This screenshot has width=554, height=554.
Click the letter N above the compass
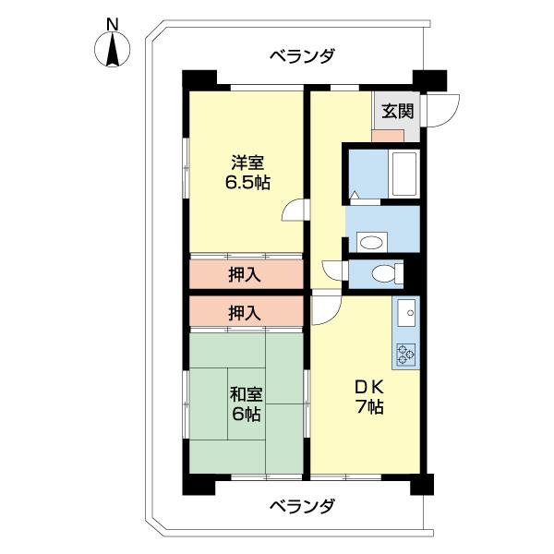(x=113, y=25)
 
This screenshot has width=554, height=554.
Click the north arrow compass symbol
(x=113, y=49)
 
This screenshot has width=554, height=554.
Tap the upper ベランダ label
(x=302, y=55)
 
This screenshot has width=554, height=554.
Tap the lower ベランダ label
(x=302, y=506)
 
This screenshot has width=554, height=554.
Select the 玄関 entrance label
(x=397, y=112)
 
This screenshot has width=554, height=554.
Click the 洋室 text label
(x=247, y=163)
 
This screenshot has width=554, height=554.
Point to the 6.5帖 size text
(x=247, y=183)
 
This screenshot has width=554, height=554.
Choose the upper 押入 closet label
(x=245, y=274)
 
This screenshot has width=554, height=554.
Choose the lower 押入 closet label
(x=245, y=313)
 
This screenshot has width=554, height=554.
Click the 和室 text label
(x=247, y=394)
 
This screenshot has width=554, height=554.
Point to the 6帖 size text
(x=247, y=414)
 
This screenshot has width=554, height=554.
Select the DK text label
(x=369, y=388)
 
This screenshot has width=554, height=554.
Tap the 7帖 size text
(x=369, y=407)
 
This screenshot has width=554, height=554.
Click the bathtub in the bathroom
(x=404, y=175)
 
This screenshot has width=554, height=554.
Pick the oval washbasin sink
(x=372, y=242)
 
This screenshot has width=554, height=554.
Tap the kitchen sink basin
(x=406, y=313)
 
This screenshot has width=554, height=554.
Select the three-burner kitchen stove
(x=405, y=355)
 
